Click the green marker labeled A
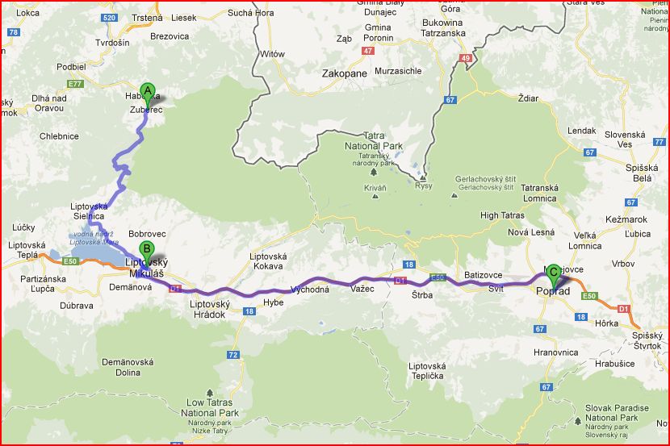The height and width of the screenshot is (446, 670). click(147, 92)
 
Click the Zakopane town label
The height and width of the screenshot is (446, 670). click(344, 73)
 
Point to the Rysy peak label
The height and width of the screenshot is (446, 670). click(424, 186)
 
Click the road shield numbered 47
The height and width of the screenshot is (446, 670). click(369, 50)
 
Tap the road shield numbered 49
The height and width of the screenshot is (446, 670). click(465, 58)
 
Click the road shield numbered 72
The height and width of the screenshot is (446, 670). click(233, 354)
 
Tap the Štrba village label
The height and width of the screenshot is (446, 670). click(422, 294)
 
